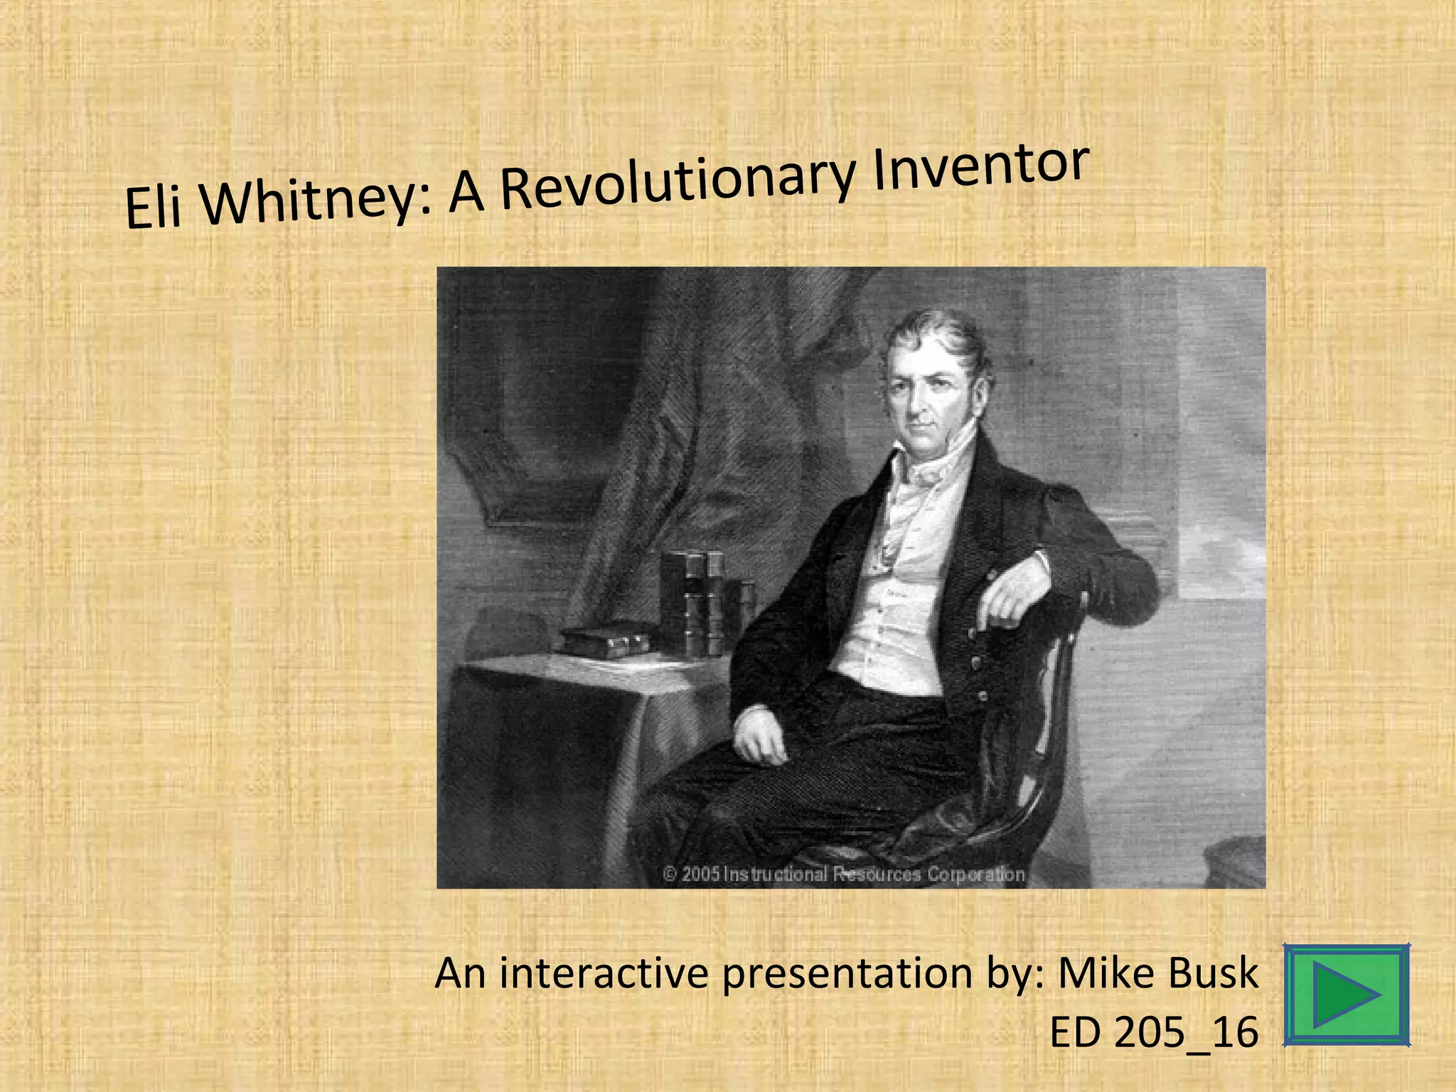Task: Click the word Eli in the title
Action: (152, 208)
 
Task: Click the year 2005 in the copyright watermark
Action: (701, 874)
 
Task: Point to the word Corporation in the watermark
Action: (975, 874)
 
